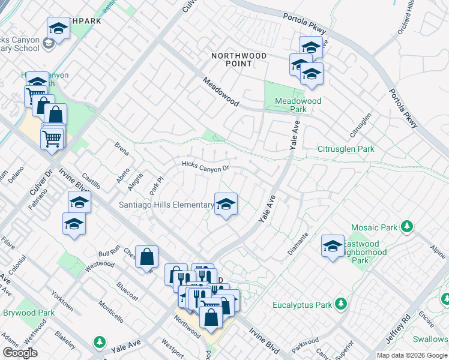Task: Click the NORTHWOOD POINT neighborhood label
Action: [238, 60]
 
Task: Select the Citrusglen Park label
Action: [346, 149]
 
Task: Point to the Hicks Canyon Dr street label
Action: [206, 166]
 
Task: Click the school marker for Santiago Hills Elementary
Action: [226, 205]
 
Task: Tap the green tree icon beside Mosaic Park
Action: [408, 227]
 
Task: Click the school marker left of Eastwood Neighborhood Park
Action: [333, 246]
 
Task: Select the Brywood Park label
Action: [28, 313]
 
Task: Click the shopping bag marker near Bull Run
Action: [146, 257]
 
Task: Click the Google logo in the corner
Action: [20, 353]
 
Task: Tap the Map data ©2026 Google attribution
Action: [412, 355]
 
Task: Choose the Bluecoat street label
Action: [127, 292]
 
